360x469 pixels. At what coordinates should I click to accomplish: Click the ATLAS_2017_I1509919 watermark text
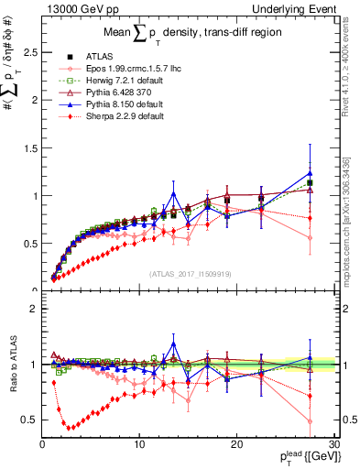(188, 272)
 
